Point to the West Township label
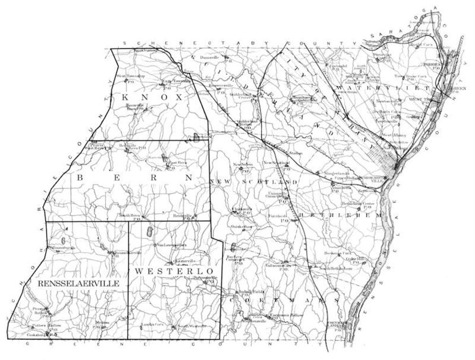(x=130, y=77)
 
